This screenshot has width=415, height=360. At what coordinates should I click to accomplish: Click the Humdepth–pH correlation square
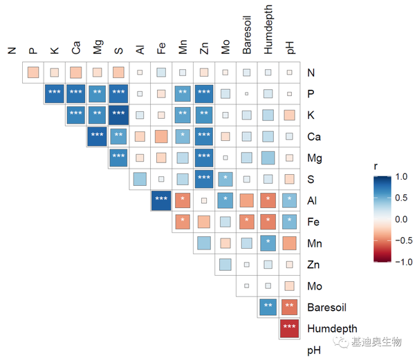(290, 329)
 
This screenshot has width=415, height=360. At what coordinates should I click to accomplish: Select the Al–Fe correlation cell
(161, 200)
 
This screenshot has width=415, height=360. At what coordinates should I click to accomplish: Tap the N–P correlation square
(33, 72)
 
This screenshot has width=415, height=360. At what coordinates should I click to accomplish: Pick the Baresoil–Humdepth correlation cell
(268, 307)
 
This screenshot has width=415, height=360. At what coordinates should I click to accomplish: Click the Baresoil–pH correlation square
(290, 307)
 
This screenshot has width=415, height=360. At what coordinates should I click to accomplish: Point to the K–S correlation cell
(118, 115)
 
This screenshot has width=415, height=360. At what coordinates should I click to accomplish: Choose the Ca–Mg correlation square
(97, 136)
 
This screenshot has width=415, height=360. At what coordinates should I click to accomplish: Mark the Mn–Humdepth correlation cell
(268, 243)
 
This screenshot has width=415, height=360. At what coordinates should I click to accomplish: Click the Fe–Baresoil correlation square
(247, 222)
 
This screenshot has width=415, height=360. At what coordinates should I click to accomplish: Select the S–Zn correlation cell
(204, 179)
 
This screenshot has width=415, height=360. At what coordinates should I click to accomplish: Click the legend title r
(376, 166)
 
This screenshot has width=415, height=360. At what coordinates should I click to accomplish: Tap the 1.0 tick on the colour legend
(401, 178)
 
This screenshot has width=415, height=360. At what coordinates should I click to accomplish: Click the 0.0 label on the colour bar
(401, 219)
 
